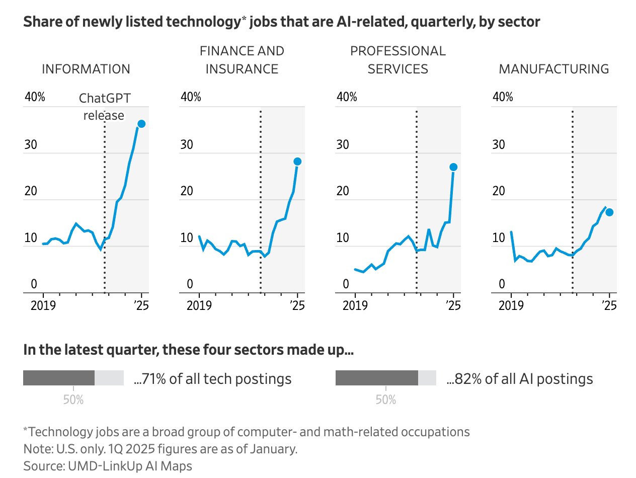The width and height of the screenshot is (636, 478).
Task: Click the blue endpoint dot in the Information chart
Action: [141, 124]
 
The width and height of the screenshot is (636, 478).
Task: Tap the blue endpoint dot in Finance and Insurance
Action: [297, 162]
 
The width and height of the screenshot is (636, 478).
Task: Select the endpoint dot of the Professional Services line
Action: [453, 167]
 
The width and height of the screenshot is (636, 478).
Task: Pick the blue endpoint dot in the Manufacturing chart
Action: [609, 212]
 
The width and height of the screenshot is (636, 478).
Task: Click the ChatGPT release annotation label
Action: [104, 107]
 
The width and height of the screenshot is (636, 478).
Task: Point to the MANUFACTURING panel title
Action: [554, 69]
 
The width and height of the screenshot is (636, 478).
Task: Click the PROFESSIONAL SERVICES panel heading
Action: [398, 60]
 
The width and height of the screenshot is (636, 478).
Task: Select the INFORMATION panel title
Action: [86, 69]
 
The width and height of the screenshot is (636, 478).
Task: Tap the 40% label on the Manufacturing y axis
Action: [503, 97]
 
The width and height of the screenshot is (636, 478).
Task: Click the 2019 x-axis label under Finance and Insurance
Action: [199, 305]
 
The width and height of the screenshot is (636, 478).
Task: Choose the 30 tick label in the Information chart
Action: [31, 144]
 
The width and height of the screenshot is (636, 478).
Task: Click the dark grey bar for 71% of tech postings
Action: [59, 378]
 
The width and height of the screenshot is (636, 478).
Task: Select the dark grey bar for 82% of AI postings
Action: [377, 378]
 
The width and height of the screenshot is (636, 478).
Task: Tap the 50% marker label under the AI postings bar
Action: [386, 400]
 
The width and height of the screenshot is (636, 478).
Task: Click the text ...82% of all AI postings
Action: [520, 379]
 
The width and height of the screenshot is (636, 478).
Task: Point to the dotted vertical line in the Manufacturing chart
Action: [573, 201]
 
